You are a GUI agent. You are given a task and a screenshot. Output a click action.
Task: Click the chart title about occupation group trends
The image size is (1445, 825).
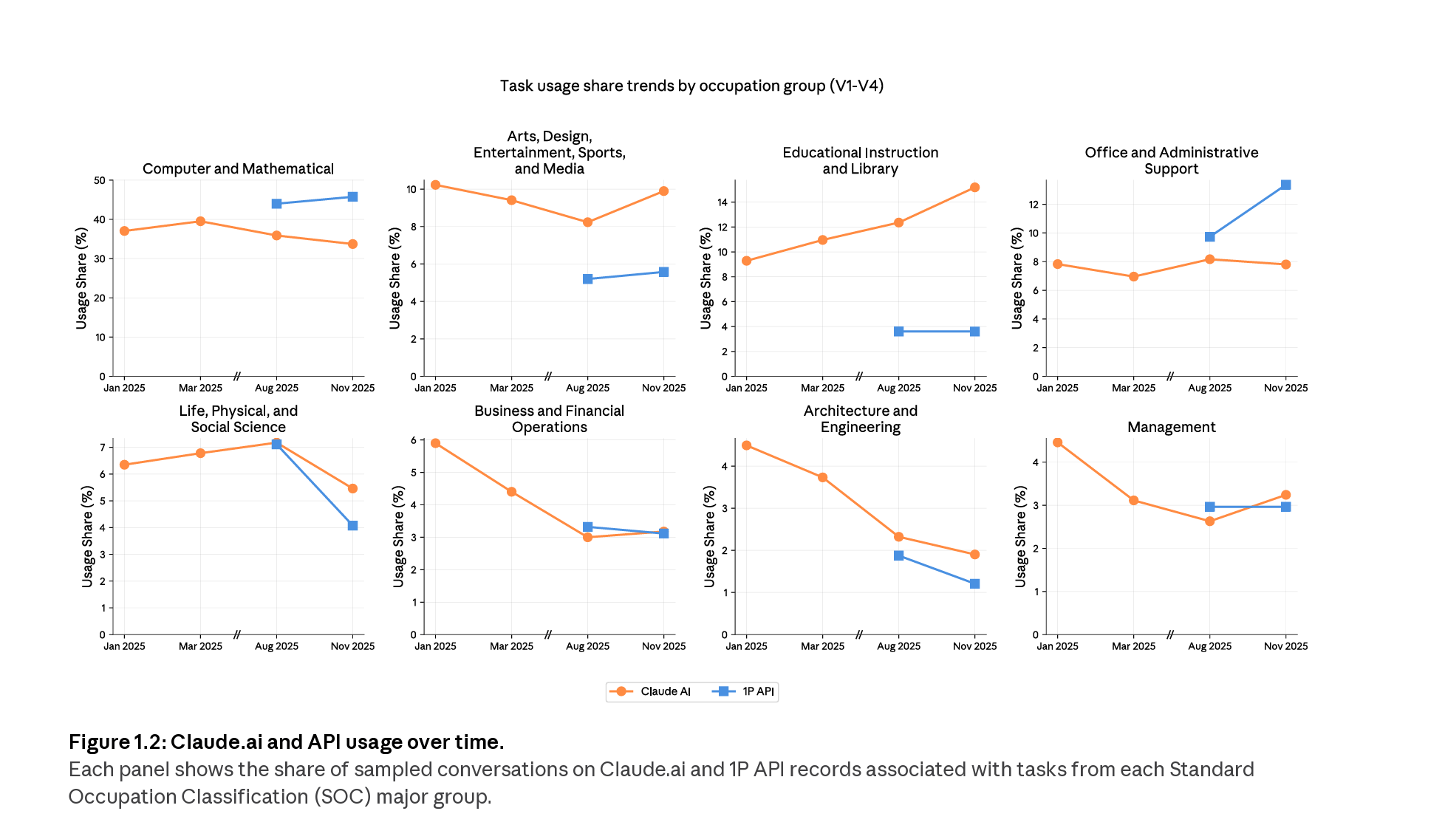click(691, 86)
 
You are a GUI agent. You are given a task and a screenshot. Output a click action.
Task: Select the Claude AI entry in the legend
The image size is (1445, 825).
click(650, 691)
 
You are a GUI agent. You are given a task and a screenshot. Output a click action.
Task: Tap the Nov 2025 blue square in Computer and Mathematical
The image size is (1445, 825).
click(352, 197)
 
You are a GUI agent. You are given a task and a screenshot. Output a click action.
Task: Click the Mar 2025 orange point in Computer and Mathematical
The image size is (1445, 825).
click(200, 222)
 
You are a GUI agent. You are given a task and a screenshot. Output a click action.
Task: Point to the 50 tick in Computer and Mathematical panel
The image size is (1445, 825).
click(100, 180)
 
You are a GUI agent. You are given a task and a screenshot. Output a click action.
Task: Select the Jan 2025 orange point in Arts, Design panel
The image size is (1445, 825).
click(435, 185)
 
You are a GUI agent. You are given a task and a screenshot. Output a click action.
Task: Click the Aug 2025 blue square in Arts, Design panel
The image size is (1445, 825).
click(587, 279)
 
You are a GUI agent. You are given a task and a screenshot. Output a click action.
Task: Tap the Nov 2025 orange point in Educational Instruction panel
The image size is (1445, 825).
click(974, 188)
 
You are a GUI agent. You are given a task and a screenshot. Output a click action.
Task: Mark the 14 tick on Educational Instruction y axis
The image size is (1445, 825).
click(722, 202)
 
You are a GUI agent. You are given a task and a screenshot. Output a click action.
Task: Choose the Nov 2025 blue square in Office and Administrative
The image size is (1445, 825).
click(1285, 185)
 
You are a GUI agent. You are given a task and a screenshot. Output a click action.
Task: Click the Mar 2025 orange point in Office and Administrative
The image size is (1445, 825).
click(1133, 277)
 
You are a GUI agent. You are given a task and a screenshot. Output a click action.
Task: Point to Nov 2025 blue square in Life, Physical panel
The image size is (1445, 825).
click(352, 526)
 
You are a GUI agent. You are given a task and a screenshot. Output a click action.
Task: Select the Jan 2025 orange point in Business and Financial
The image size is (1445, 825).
click(435, 443)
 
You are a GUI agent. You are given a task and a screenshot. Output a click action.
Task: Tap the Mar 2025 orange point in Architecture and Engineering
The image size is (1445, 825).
click(822, 477)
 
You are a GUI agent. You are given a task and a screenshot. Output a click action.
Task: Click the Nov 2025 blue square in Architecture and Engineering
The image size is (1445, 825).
click(974, 583)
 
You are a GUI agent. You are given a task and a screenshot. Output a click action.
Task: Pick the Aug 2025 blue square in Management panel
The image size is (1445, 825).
click(1209, 507)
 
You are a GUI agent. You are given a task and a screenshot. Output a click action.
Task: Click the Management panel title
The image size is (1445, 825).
click(1171, 427)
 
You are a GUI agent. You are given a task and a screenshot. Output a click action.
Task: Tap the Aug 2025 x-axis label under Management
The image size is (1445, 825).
click(1209, 646)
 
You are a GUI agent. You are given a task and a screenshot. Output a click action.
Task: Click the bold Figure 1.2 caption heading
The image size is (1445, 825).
click(286, 742)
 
